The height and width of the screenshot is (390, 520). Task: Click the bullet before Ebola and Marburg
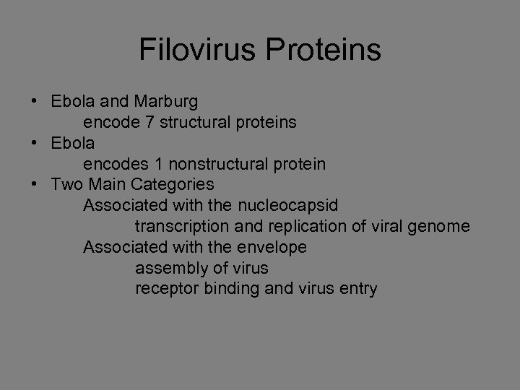34,102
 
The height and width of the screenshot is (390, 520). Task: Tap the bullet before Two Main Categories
34,185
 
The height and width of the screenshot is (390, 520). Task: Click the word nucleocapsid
292,206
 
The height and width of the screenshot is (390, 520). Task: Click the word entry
357,290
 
